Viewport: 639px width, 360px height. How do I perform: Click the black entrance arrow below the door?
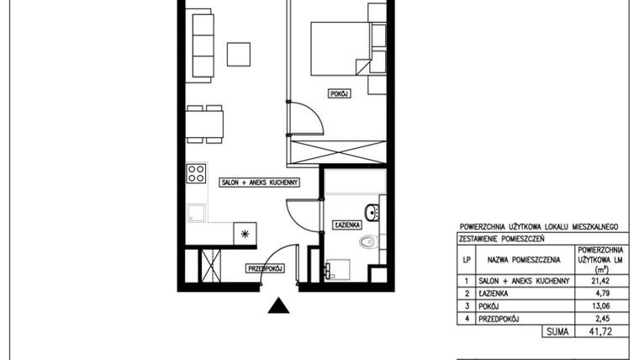click(278, 306)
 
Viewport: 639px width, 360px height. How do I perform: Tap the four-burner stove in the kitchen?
click(197, 173)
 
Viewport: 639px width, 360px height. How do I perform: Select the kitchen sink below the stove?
click(197, 213)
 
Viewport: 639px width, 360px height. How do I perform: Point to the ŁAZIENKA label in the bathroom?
click(347, 225)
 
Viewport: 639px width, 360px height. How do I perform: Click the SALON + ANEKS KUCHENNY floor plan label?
click(256, 182)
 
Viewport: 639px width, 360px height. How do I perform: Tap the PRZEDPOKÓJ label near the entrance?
click(264, 268)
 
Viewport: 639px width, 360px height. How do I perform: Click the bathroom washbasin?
click(372, 210)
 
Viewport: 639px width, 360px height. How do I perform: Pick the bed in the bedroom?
click(338, 48)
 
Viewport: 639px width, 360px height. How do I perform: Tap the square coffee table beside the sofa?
click(239, 53)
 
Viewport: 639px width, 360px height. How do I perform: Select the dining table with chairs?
click(205, 125)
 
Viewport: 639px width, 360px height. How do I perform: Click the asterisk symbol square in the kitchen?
click(246, 234)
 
